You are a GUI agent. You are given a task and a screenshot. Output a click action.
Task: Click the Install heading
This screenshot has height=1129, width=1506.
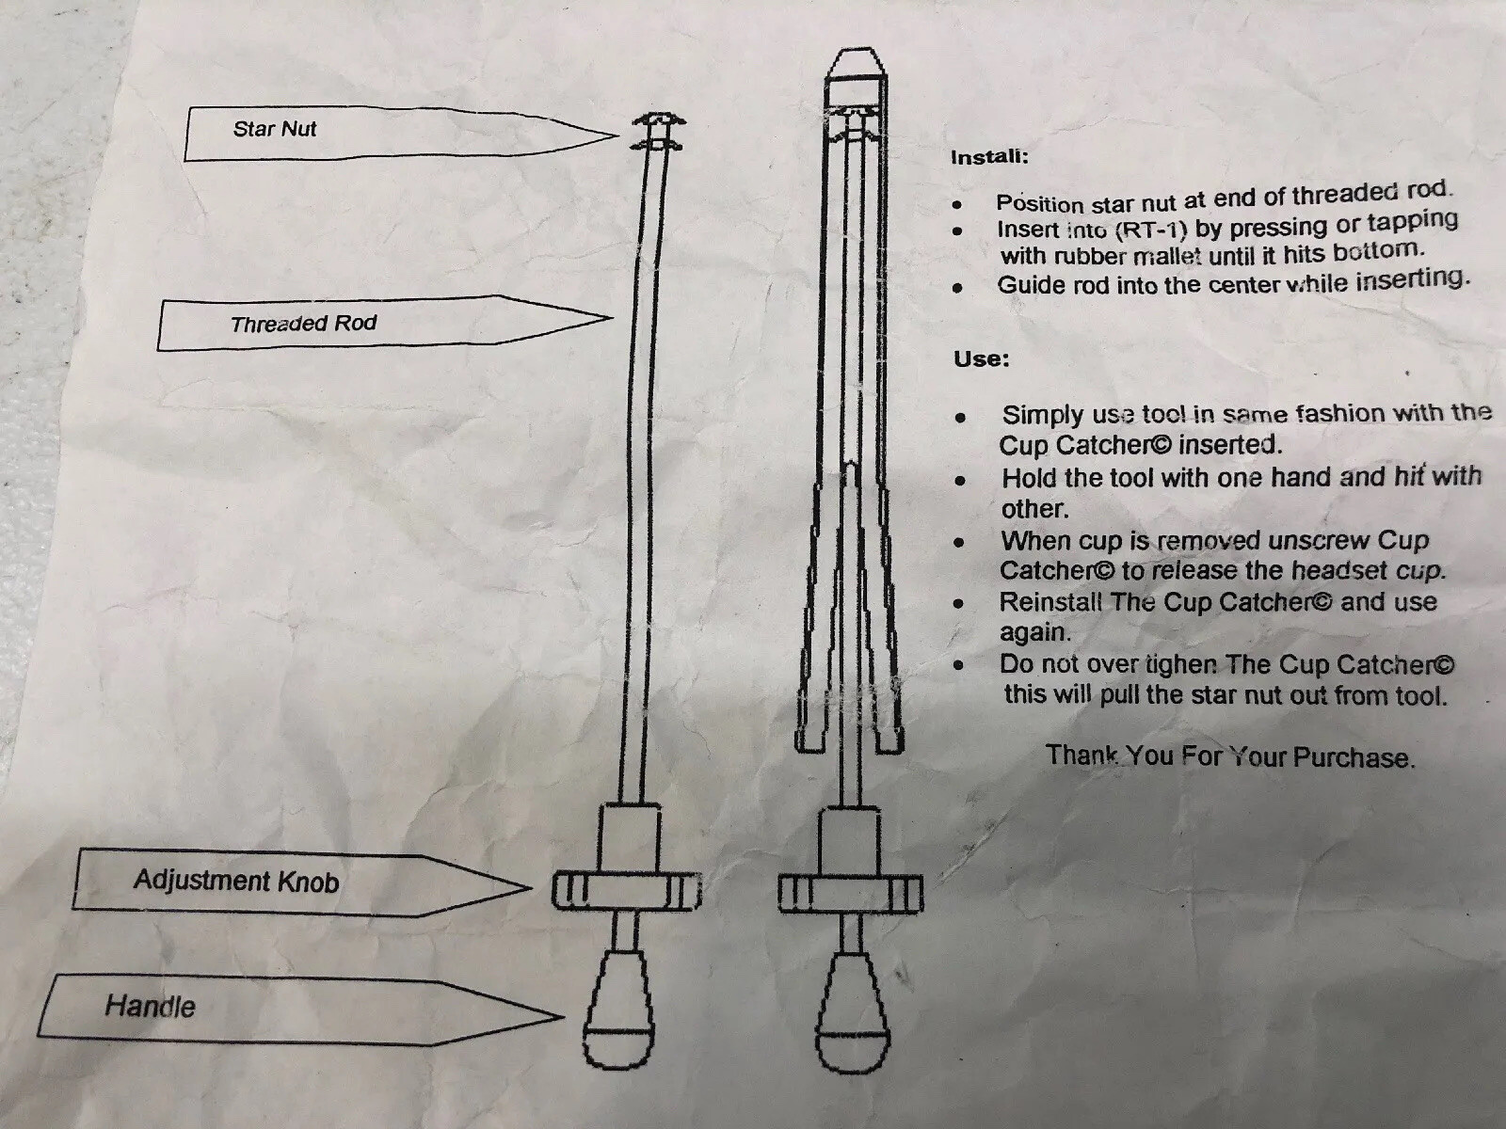[989, 157]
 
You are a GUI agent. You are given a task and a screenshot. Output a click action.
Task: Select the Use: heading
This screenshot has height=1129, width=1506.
[981, 358]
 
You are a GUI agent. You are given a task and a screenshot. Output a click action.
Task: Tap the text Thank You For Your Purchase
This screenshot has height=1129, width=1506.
[1230, 756]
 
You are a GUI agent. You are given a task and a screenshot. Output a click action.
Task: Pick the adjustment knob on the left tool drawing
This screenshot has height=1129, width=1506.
[627, 889]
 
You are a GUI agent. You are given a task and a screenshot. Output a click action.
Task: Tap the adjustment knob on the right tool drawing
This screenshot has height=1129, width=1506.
[851, 894]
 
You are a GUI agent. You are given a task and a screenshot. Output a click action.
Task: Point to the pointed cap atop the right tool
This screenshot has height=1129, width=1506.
[855, 64]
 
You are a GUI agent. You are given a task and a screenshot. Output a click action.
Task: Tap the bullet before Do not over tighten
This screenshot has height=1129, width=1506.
[960, 664]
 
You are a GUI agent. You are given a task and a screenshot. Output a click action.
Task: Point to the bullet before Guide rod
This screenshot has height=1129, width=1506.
[958, 287]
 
